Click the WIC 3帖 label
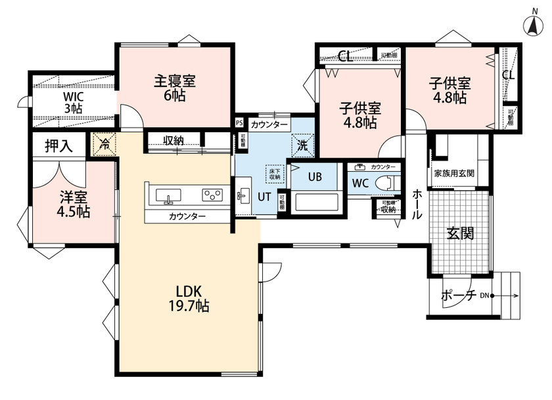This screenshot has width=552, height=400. [73, 102]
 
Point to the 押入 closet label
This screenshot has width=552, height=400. [59, 145]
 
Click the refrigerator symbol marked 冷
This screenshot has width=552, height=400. [103, 143]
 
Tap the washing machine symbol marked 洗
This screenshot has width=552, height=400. [304, 145]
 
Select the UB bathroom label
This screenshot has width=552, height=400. [315, 176]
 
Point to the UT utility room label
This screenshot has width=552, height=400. [264, 195]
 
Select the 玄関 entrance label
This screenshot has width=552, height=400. [460, 234]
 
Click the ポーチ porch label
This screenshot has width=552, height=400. [457, 295]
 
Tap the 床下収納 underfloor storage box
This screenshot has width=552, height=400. [273, 173]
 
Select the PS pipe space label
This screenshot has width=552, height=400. [239, 122]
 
